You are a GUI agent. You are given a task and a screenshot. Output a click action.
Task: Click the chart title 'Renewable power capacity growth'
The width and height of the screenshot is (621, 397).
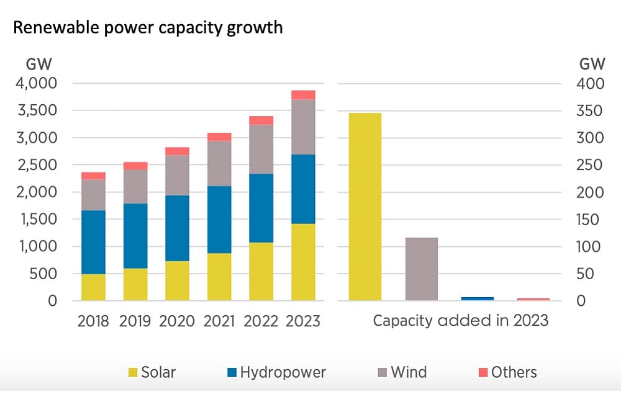point(148,28)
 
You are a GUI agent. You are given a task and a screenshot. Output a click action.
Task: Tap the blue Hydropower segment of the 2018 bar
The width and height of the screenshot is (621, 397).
point(94,242)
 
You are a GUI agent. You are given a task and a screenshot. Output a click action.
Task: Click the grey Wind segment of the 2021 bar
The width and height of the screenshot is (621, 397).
point(219,163)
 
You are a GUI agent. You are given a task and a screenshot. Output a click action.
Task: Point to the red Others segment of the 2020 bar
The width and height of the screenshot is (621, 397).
point(177,151)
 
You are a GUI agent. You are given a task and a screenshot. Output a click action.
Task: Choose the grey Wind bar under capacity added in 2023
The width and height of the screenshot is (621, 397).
point(422,269)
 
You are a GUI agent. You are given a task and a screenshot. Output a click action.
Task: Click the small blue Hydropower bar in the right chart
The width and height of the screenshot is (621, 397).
point(478,298)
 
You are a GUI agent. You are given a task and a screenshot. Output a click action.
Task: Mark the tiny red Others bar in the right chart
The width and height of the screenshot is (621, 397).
point(533,299)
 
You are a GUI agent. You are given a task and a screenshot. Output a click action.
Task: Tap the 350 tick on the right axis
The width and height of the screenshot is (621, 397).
point(591,110)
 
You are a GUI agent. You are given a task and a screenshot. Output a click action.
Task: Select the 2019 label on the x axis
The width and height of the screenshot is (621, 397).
point(135,321)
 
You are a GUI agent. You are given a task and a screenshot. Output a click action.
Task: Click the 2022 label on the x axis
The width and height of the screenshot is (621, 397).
point(261,321)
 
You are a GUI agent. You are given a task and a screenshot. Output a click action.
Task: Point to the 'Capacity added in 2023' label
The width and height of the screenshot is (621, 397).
point(460,321)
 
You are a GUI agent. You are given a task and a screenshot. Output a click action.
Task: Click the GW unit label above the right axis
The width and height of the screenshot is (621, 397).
point(592,64)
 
